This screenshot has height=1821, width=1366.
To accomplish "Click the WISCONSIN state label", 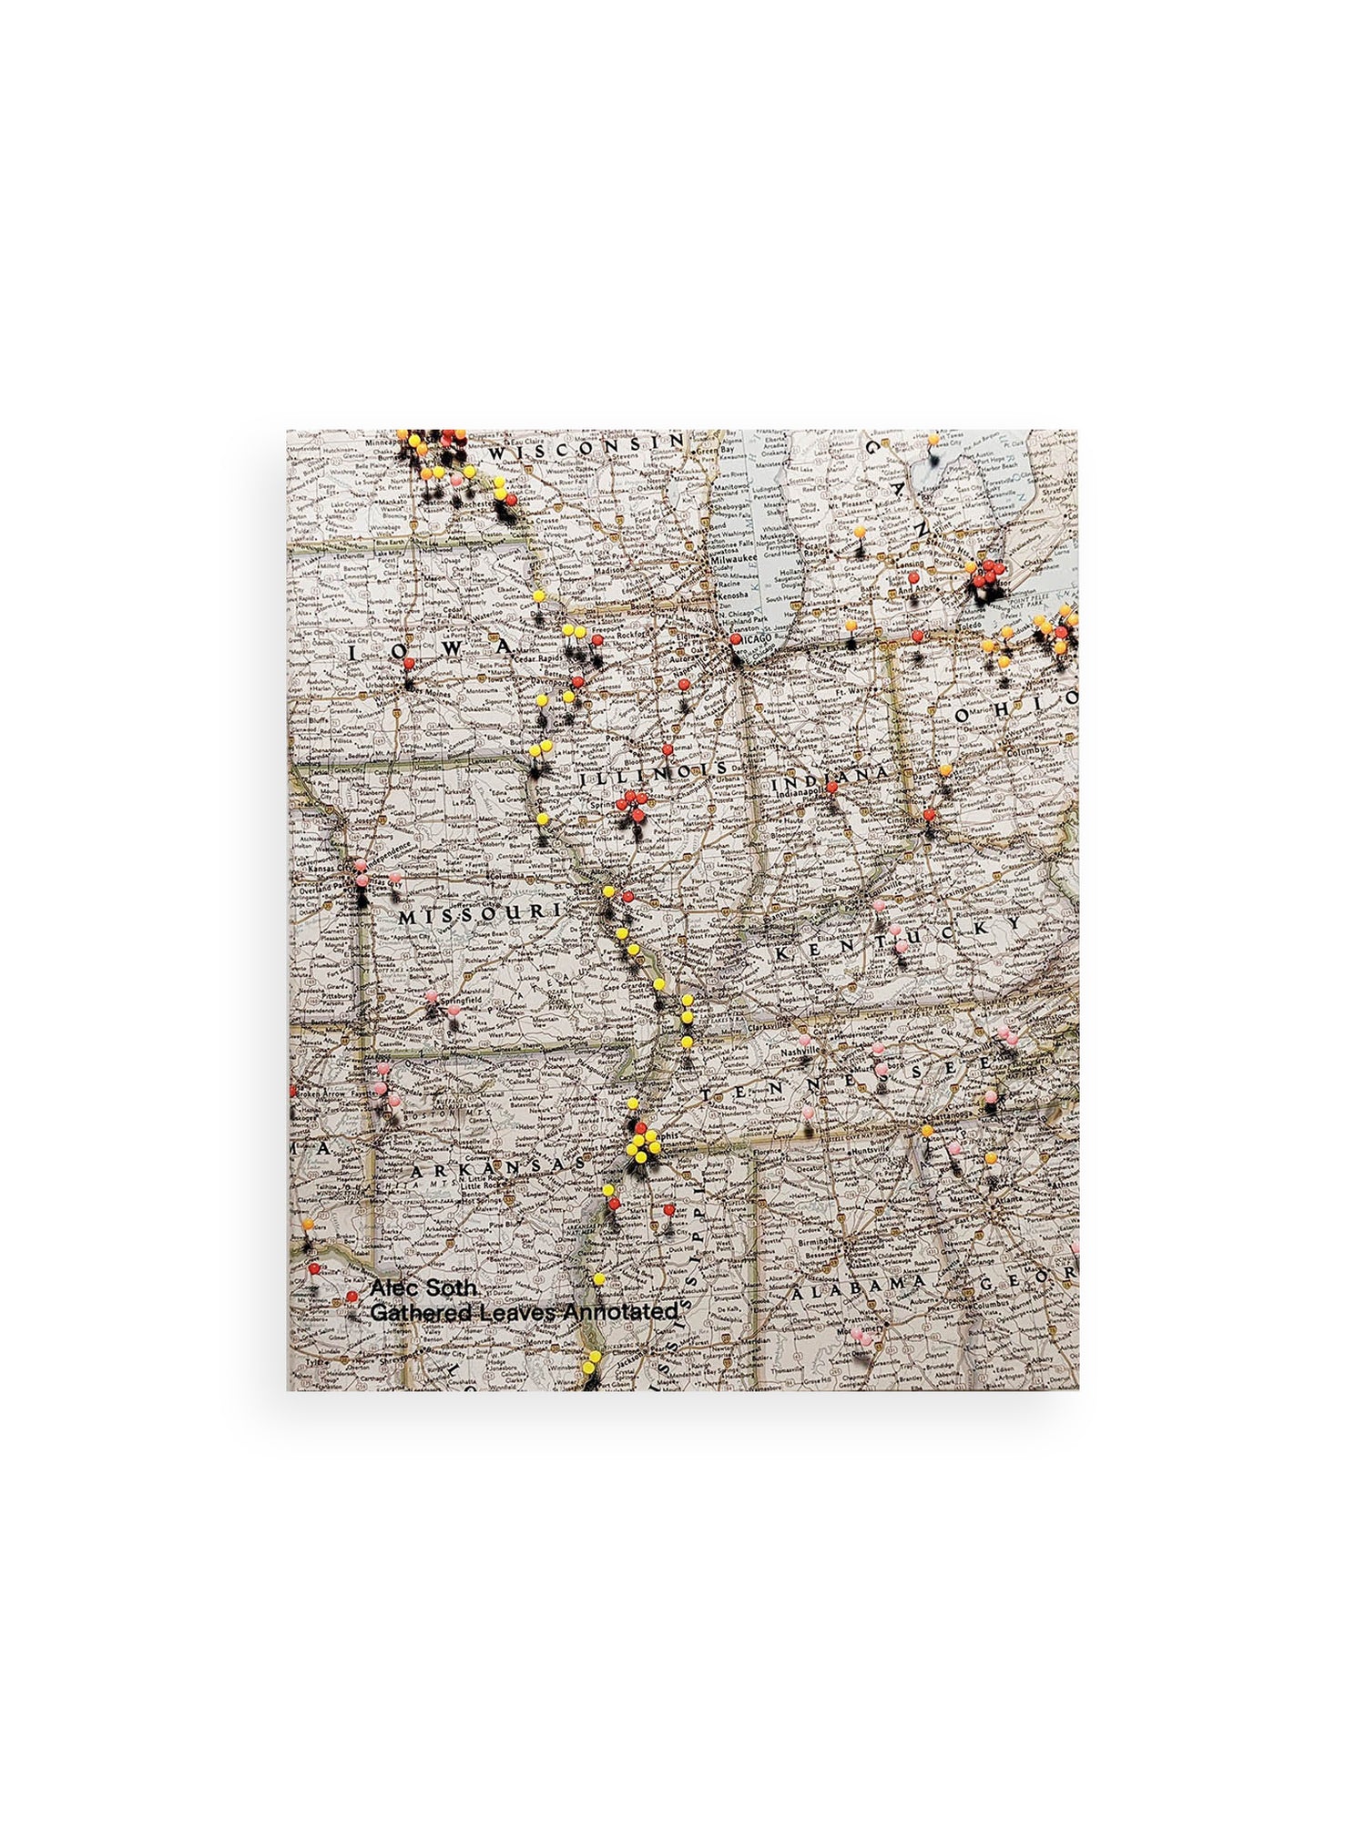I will tap(584, 450).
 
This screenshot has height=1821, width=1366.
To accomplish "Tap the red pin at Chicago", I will tap(735, 639).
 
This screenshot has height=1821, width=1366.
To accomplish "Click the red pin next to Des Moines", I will tap(409, 663).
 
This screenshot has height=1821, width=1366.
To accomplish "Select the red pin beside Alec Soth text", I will tap(351, 1296).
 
